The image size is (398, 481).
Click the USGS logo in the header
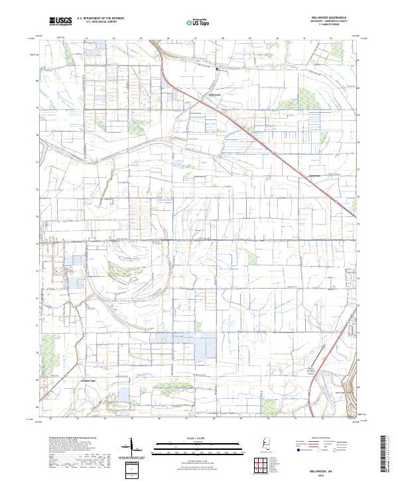(60, 22)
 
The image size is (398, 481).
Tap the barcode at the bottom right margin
(388, 454)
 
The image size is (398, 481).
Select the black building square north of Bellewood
(216, 68)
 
